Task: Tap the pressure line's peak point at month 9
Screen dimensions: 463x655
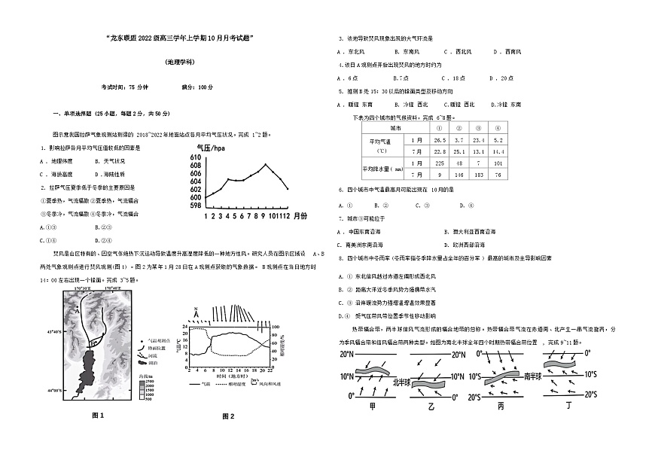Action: (x=266, y=164)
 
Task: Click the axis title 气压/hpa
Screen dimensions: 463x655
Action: (x=210, y=148)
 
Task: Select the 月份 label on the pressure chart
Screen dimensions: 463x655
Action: (x=299, y=215)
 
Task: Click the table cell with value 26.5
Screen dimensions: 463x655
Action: (x=440, y=140)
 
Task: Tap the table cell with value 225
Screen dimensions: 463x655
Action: (x=440, y=163)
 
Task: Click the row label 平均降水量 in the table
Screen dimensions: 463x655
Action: (x=385, y=169)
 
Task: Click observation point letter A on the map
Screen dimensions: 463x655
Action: (x=77, y=308)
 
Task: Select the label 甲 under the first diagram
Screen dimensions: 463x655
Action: (x=371, y=407)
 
